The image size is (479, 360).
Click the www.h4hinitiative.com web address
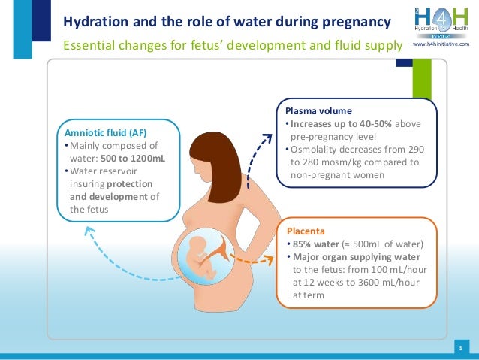coord(447,46)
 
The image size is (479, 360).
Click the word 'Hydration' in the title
coord(91,20)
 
